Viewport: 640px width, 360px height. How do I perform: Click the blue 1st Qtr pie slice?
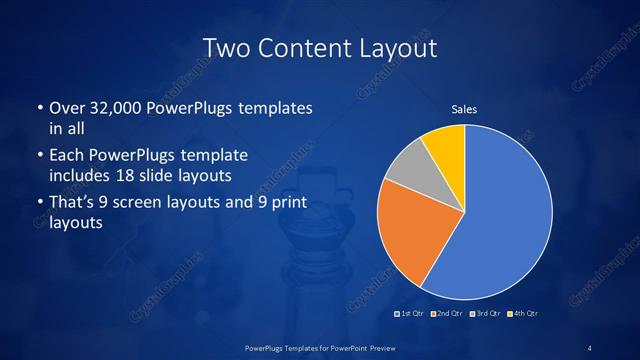tap(505, 220)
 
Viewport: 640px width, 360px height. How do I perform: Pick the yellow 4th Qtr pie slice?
tap(446, 146)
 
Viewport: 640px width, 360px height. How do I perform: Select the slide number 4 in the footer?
tap(590, 347)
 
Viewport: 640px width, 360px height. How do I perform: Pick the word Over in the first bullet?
tap(66, 107)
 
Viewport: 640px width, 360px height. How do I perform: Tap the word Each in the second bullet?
tap(67, 156)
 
